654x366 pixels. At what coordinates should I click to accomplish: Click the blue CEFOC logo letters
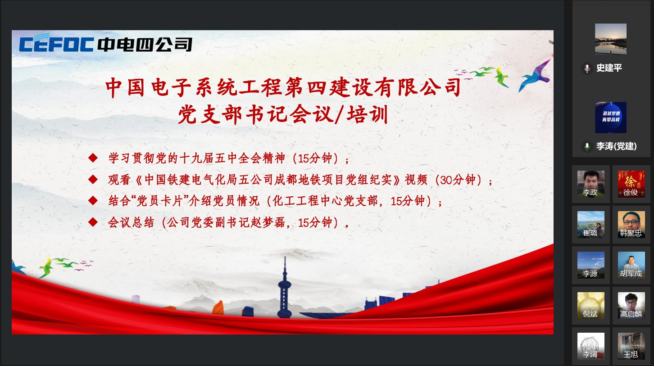(x=56, y=43)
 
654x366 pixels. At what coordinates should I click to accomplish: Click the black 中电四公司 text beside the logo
(x=145, y=45)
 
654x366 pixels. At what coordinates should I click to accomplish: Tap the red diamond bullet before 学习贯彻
(x=93, y=158)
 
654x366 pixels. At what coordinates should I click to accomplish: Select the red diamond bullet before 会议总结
(x=93, y=222)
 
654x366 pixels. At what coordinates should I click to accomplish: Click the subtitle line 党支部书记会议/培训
(x=283, y=114)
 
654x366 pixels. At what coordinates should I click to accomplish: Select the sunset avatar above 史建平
(x=611, y=39)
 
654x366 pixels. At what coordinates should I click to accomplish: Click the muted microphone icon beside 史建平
(x=587, y=68)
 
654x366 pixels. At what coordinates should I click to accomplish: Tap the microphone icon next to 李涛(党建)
(x=587, y=146)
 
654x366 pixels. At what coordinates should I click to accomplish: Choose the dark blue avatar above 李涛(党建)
(x=611, y=117)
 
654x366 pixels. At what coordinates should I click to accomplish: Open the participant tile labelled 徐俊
(x=631, y=184)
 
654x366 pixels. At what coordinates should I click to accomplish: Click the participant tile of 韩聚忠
(x=631, y=225)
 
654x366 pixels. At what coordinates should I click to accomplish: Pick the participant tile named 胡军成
(x=631, y=265)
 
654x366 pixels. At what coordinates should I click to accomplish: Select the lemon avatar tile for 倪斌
(x=591, y=306)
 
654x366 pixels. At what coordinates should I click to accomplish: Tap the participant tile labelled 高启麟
(x=631, y=306)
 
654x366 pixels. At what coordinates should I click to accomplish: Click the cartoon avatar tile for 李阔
(x=591, y=346)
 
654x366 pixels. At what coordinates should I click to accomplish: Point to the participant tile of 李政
(x=591, y=184)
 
